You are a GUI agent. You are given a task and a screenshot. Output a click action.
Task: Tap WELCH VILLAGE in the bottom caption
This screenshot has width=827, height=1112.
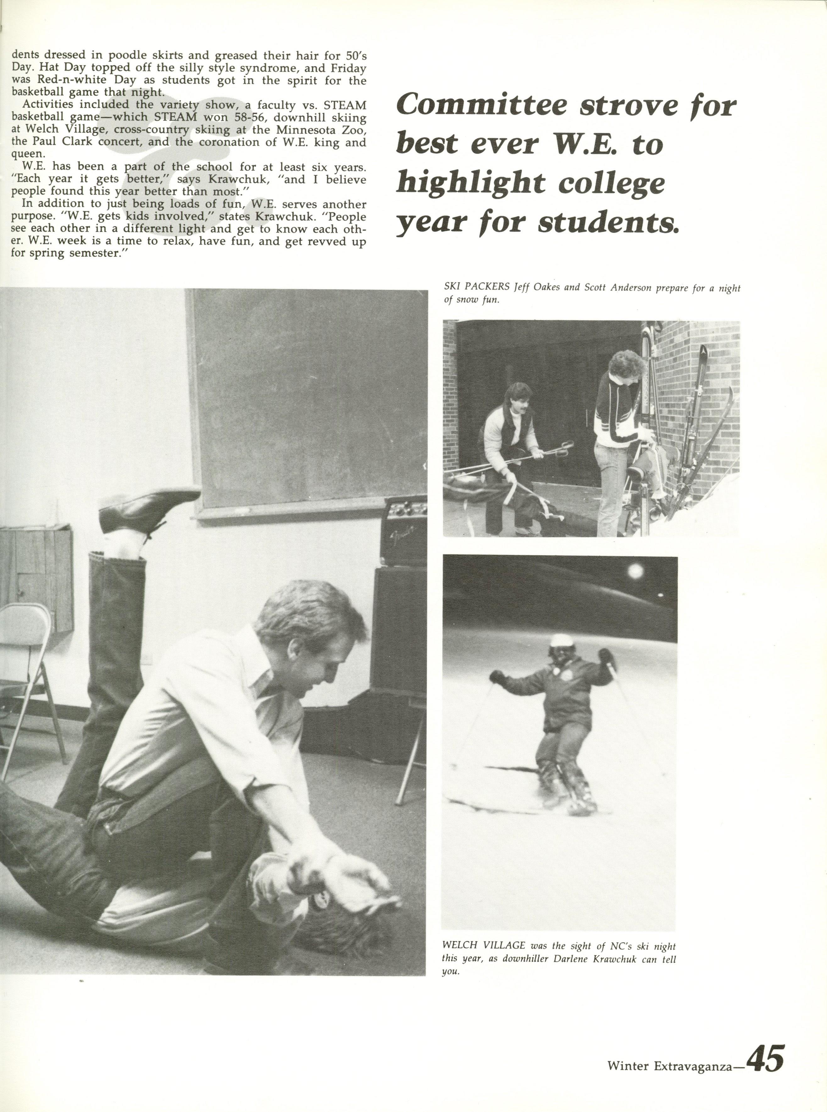pyautogui.click(x=483, y=946)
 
